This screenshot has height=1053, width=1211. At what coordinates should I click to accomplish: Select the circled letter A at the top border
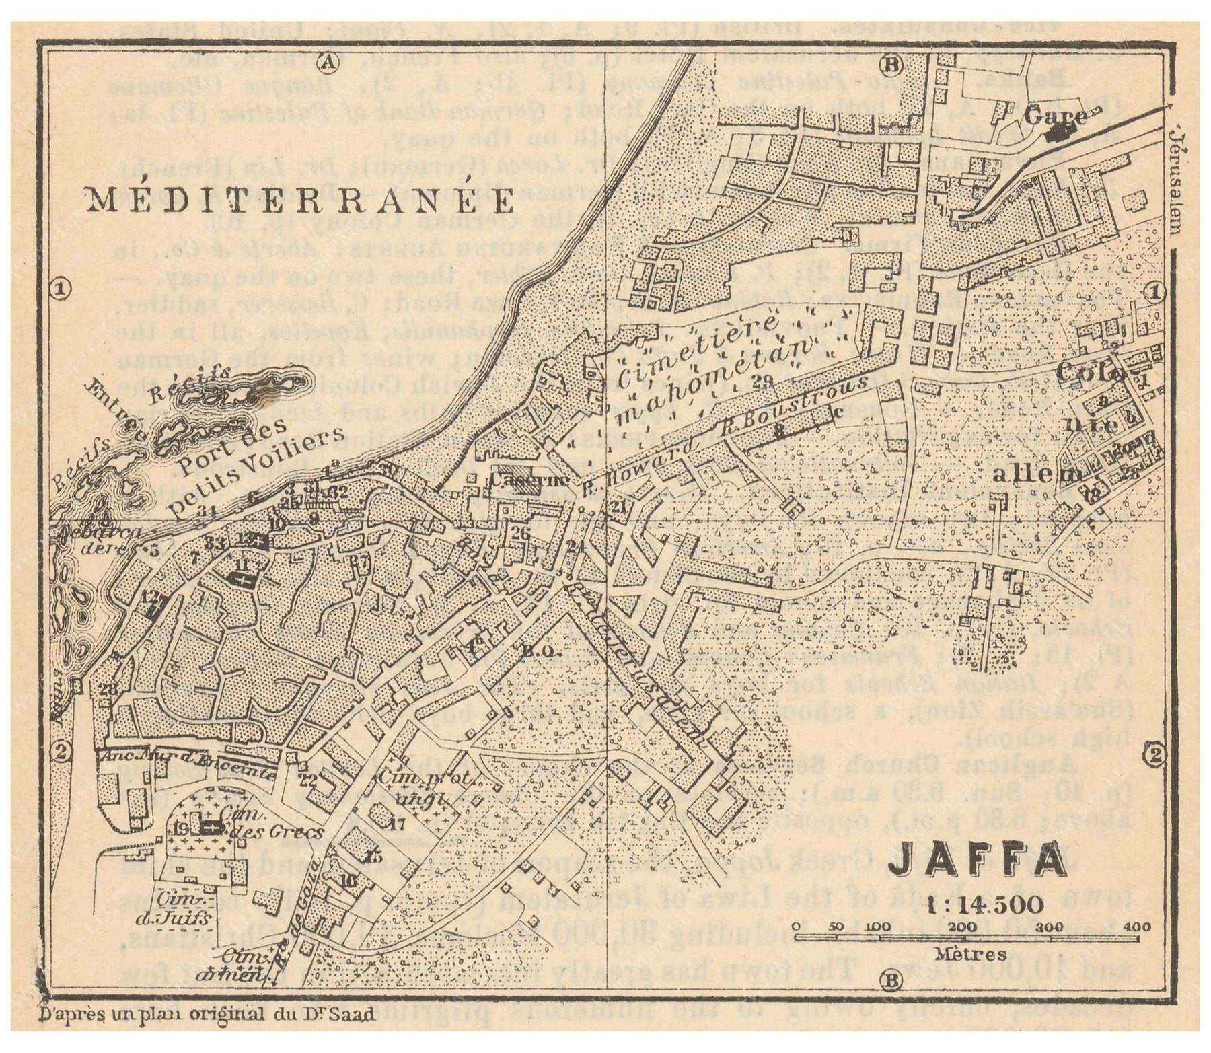click(x=328, y=63)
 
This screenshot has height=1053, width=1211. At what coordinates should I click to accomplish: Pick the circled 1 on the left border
click(x=61, y=289)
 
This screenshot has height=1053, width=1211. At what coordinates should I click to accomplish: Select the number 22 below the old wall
click(x=308, y=780)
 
